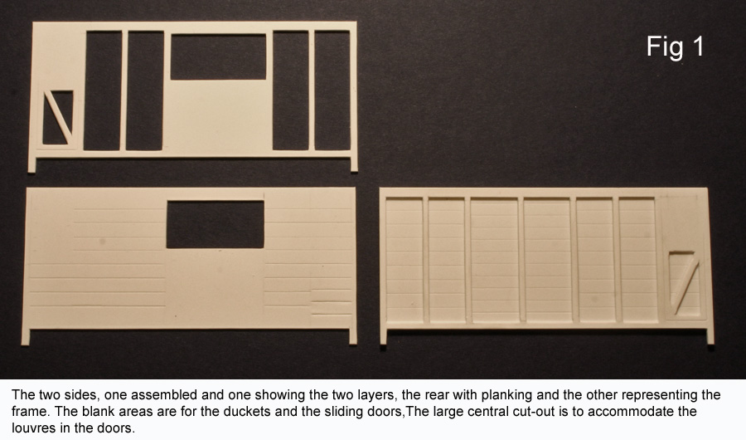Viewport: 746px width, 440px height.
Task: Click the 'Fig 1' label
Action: (x=675, y=47)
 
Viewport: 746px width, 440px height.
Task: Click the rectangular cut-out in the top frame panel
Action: (x=218, y=56)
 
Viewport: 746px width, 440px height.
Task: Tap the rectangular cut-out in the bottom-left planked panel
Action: (x=215, y=224)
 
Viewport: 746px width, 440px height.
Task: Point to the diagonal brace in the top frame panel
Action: (x=58, y=117)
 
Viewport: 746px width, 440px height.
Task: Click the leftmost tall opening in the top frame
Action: (x=103, y=90)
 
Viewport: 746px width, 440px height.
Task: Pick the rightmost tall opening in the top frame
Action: (x=332, y=90)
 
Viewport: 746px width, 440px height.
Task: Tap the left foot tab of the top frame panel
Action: (x=31, y=165)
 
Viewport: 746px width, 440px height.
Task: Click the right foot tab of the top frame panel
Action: (x=354, y=164)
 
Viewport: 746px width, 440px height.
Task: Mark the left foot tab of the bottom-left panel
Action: (x=26, y=336)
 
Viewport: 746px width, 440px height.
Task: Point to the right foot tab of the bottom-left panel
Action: (x=353, y=336)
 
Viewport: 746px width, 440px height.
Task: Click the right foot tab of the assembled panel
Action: (x=710, y=336)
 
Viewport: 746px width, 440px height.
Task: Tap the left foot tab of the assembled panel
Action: (x=384, y=336)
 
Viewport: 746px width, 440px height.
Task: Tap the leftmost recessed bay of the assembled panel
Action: (x=404, y=261)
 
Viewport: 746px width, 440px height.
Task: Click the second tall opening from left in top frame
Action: (x=145, y=90)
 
